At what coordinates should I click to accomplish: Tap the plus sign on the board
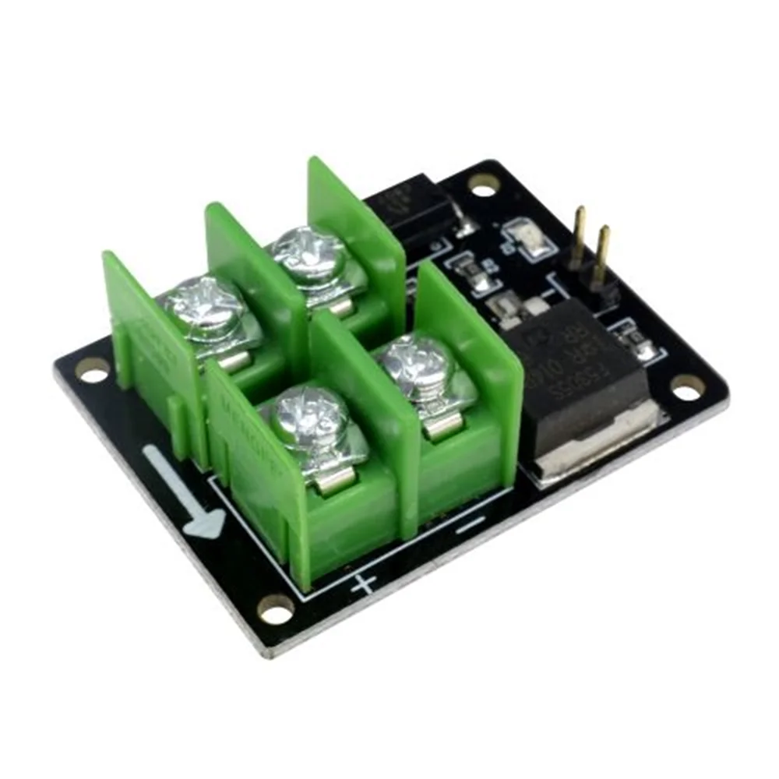363,583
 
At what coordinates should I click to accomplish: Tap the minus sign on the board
470,526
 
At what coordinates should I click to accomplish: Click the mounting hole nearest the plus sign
277,610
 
